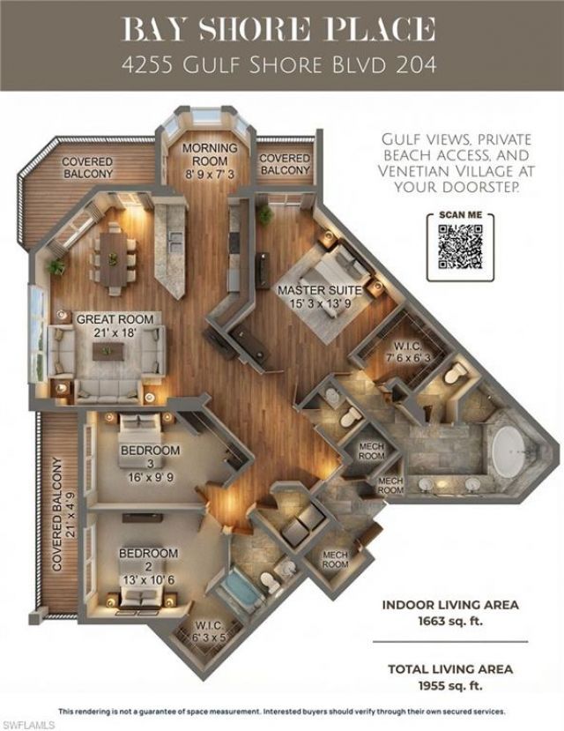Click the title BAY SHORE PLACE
(x=282, y=28)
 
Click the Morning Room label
(x=209, y=155)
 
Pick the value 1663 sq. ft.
(x=449, y=621)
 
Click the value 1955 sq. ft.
(x=449, y=684)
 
